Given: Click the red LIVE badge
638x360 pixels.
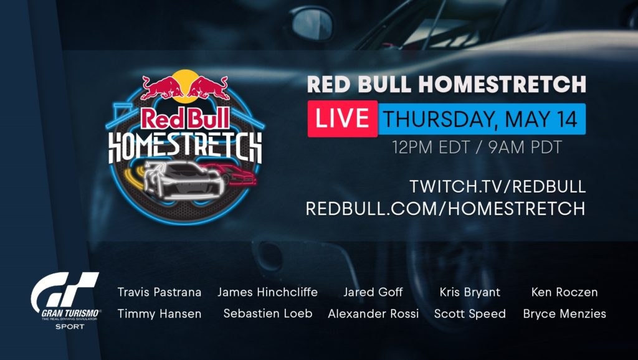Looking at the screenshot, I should click(x=342, y=118).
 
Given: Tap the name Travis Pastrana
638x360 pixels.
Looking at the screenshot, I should click(x=159, y=292).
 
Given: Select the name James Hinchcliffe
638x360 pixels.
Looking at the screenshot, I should click(x=267, y=292).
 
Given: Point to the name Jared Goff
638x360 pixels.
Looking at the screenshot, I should click(x=373, y=292).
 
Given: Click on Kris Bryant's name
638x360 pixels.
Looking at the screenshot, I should click(x=470, y=292).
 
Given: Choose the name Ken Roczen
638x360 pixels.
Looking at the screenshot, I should click(x=564, y=292).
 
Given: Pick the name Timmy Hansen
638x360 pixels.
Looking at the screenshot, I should click(x=159, y=314).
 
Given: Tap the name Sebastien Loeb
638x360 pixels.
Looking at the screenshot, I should click(x=268, y=314).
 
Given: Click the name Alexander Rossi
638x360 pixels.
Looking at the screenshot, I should click(x=373, y=314).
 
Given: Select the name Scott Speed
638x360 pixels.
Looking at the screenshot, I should click(x=470, y=314).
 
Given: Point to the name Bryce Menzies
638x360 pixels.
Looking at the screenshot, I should click(x=564, y=314).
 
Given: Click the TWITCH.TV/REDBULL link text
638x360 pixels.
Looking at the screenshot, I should click(x=498, y=186).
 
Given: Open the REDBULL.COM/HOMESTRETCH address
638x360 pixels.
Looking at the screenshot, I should click(x=445, y=209).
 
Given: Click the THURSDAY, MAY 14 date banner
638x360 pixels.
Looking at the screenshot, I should click(x=482, y=118).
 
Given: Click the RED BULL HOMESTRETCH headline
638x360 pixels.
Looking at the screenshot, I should click(x=446, y=84).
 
